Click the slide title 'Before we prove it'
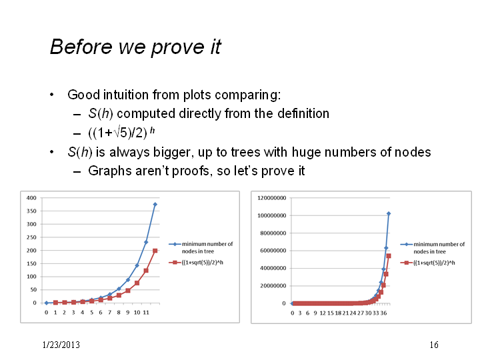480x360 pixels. (x=135, y=47)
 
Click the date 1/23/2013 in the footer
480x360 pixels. (x=61, y=345)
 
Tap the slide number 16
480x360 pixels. (x=434, y=345)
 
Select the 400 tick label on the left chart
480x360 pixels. (x=31, y=198)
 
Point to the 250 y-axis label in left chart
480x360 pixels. (x=31, y=237)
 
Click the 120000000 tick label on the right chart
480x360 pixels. (x=272, y=198)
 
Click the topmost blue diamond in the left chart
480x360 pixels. (x=155, y=205)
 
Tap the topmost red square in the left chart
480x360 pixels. (x=155, y=251)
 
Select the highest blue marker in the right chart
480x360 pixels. (x=389, y=214)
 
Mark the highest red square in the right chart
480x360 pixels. (x=389, y=256)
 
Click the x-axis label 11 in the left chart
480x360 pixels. (x=146, y=313)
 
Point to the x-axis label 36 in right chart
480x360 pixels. (x=383, y=313)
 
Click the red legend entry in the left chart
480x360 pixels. (x=196, y=263)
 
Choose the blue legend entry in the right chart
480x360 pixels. (x=433, y=248)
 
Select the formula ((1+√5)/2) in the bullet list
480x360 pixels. (x=118, y=133)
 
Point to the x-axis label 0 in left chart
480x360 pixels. (x=46, y=313)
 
